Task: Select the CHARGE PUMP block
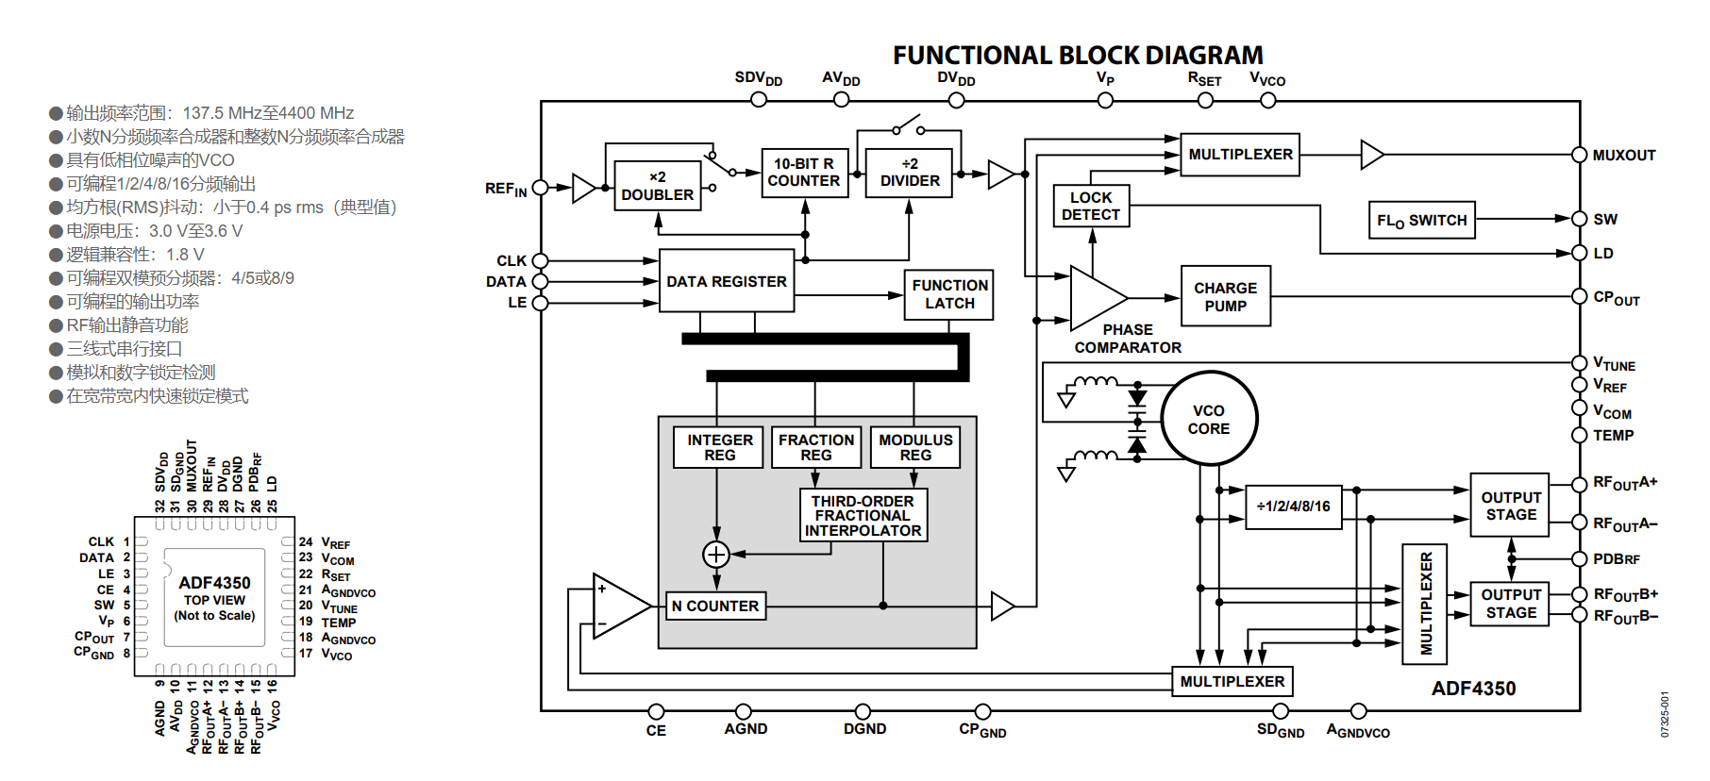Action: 1226,296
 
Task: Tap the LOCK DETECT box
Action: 1091,206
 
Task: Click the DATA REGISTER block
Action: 727,280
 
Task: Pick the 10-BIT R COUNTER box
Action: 805,173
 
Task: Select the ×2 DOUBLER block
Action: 658,186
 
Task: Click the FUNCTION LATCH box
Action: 949,294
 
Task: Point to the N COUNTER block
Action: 715,606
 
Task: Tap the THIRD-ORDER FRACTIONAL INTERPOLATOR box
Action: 863,515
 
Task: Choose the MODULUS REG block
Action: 915,447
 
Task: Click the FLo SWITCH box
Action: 1422,220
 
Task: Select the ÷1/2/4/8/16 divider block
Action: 1294,507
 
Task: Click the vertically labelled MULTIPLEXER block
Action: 1425,604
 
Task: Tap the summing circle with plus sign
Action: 716,554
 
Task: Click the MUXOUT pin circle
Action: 1579,155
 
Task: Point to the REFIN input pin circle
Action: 541,188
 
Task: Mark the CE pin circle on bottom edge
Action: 657,711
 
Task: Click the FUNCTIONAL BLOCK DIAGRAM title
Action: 1078,56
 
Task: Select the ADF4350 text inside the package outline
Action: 214,583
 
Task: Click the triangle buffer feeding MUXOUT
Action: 1371,155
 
